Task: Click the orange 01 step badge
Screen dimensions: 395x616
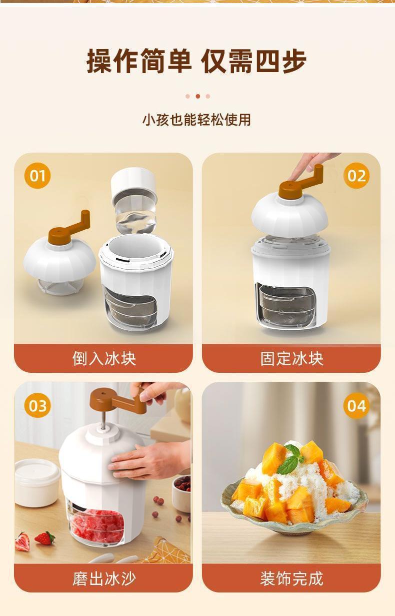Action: (37, 176)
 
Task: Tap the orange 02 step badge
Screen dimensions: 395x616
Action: (356, 176)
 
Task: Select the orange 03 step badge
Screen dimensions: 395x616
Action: (37, 406)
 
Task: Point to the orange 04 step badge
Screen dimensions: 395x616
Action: (356, 406)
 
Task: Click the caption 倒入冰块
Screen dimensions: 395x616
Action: (104, 359)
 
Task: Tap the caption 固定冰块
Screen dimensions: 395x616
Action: (291, 359)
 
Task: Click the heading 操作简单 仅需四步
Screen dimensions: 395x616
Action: (196, 61)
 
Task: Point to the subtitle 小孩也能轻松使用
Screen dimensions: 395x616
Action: (196, 120)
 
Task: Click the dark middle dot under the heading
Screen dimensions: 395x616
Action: (198, 96)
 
